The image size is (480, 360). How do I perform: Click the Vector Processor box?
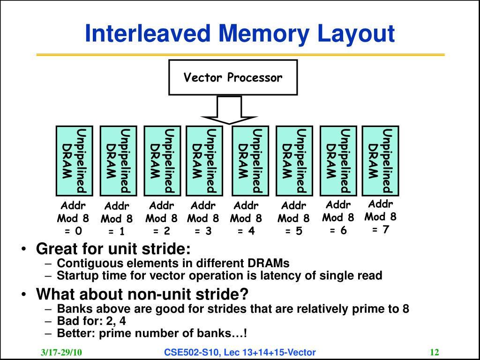point(233,77)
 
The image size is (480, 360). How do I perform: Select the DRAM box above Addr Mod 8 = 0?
point(74,160)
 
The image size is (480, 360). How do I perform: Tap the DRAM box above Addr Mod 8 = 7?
point(380,160)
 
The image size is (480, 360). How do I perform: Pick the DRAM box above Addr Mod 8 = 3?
point(205,160)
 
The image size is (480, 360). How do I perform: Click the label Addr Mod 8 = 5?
point(293,218)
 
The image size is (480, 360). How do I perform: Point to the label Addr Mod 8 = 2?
point(161,218)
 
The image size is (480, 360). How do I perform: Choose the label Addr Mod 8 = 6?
point(338,217)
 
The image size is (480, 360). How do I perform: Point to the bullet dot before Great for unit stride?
point(23,249)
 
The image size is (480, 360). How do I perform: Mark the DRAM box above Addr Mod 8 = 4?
point(251,160)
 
